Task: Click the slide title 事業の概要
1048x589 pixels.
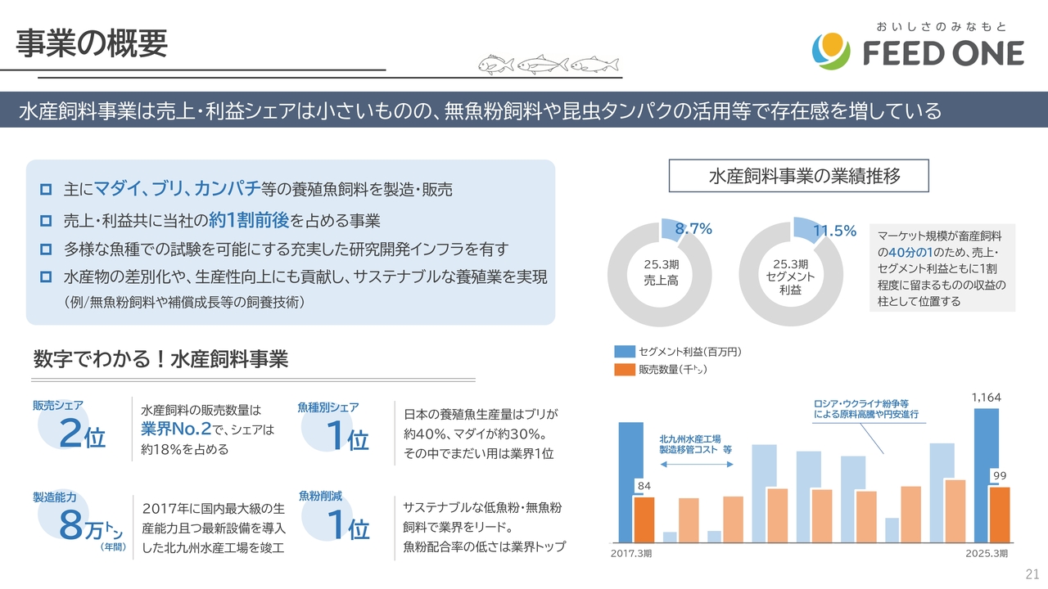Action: coord(93,43)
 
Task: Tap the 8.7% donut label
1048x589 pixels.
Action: coord(693,231)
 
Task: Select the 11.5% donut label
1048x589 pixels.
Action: coord(834,232)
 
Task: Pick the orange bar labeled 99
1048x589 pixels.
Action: coord(999,515)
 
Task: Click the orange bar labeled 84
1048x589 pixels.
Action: coord(644,519)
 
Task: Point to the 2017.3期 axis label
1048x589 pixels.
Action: coord(632,554)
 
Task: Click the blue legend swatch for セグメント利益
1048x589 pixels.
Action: coord(625,352)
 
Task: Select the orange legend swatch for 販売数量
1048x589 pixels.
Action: coord(625,370)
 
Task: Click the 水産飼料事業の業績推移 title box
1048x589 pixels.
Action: coord(799,176)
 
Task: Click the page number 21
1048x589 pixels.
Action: coord(1032,572)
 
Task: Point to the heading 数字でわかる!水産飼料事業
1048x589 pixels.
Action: coord(160,359)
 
